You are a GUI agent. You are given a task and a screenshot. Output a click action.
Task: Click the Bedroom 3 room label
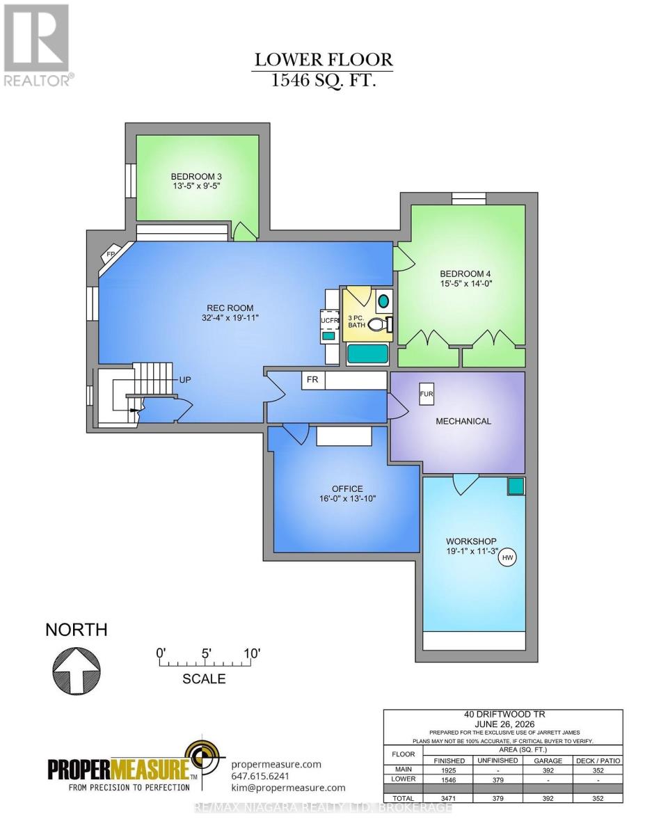(196, 177)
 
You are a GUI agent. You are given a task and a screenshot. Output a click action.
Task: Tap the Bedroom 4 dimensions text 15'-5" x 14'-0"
(465, 284)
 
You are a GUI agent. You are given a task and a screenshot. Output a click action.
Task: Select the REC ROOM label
(230, 308)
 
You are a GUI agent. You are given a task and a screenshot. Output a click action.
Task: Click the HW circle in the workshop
(507, 557)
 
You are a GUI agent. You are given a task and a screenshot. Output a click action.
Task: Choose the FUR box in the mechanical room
(427, 395)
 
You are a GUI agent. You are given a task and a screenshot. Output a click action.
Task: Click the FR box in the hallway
(313, 380)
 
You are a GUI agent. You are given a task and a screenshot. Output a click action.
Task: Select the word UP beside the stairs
(185, 380)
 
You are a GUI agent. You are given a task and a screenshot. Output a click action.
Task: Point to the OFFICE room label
(347, 488)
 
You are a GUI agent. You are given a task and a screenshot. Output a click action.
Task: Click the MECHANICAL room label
(463, 421)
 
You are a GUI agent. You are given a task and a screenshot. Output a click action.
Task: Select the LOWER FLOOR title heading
(324, 60)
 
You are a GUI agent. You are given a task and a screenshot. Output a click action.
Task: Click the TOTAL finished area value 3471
(449, 798)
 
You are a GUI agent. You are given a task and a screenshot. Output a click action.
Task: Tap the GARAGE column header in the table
(548, 761)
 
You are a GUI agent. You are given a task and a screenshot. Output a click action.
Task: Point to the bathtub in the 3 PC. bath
(367, 354)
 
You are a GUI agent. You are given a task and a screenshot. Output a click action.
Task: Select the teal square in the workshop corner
(515, 486)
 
